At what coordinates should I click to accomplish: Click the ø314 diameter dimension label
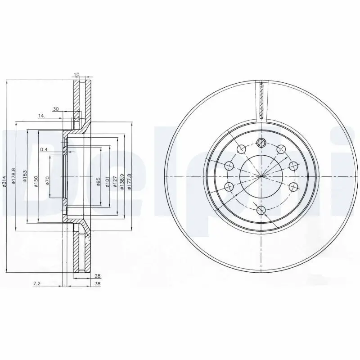pyautogui.click(x=4, y=181)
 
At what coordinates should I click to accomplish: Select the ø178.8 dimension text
pyautogui.click(x=13, y=175)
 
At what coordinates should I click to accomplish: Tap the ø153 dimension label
pyautogui.click(x=25, y=176)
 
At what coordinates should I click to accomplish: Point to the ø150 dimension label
pyautogui.click(x=36, y=181)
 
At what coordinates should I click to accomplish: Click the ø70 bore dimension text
pyautogui.click(x=47, y=180)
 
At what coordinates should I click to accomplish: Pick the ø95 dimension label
pyautogui.click(x=98, y=181)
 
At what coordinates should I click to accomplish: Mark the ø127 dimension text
pyautogui.click(x=115, y=182)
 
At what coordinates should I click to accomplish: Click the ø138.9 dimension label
pyautogui.click(x=122, y=182)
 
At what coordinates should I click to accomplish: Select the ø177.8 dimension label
pyautogui.click(x=129, y=182)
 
